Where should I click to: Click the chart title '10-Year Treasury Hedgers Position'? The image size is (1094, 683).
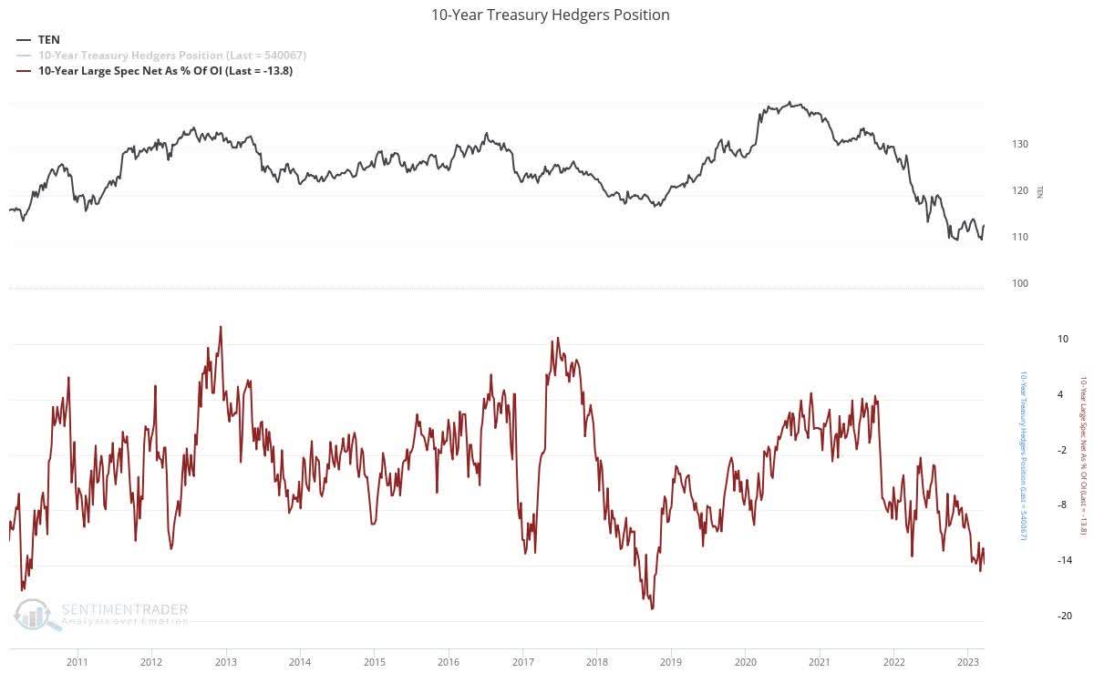[550, 15]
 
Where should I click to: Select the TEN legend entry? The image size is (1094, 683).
[48, 40]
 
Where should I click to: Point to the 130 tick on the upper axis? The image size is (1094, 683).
[1019, 144]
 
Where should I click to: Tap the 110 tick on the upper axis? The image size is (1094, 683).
[1019, 237]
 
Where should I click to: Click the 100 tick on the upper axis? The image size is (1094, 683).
[1019, 283]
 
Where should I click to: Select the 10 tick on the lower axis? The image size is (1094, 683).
[1037, 339]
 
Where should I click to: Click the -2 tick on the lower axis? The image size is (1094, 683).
[1037, 450]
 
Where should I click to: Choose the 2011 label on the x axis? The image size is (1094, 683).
[77, 661]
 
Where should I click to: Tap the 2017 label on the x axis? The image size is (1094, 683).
[522, 661]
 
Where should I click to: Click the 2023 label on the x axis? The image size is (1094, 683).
[967, 661]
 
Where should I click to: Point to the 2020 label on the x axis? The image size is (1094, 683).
[745, 661]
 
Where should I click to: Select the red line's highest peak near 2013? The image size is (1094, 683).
[221, 326]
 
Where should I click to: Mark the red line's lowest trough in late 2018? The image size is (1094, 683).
[652, 608]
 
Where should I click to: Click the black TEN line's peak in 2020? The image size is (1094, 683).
[789, 102]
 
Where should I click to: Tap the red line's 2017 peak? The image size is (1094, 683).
[556, 338]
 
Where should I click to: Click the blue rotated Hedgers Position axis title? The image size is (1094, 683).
[1022, 469]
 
